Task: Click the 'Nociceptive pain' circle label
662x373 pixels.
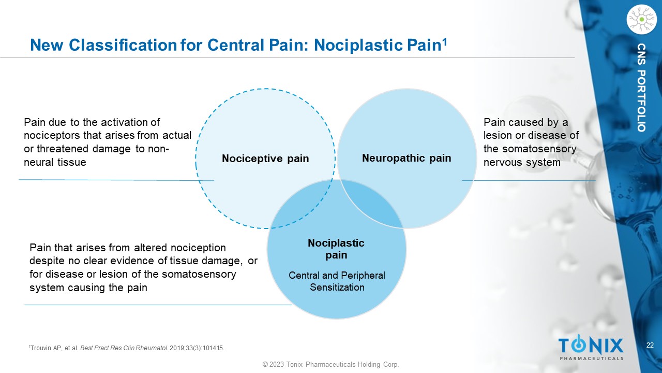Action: coord(265,159)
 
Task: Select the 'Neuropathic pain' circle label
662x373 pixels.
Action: coord(407,158)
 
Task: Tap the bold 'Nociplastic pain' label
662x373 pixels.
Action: coord(336,249)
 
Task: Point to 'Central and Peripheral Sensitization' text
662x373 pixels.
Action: coord(337,281)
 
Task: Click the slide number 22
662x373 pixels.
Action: coord(650,346)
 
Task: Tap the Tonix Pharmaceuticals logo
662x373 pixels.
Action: coord(591,348)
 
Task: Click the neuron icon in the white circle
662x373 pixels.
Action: coord(641,19)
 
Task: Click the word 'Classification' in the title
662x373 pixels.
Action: coord(121,45)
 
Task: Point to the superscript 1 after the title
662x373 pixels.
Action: coord(444,40)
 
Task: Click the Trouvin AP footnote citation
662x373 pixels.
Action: coord(127,348)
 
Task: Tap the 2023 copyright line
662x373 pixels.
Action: coord(331,365)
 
